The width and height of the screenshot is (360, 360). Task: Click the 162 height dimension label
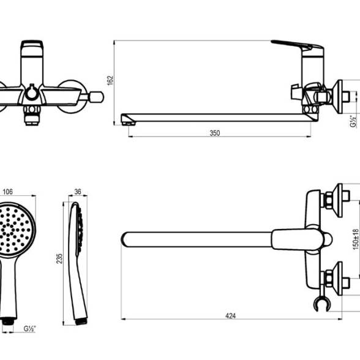click(110, 80)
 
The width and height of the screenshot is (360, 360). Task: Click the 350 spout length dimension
click(215, 133)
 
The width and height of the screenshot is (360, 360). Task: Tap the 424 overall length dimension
click(230, 316)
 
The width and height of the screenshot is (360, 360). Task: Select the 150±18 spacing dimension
click(356, 239)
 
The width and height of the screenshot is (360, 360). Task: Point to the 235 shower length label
click(59, 258)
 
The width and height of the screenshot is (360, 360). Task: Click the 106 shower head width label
click(7, 192)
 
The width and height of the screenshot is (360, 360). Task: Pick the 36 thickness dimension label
click(78, 192)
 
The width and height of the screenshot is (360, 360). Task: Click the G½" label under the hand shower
click(29, 329)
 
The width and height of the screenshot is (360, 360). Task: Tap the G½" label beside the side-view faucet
click(353, 121)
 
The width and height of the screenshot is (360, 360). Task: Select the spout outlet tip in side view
click(129, 124)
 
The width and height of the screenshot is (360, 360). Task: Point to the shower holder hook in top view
click(321, 304)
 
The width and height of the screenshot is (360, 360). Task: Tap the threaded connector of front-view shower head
click(8, 321)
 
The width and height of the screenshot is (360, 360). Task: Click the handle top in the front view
click(32, 45)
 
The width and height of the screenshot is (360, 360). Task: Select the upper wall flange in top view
click(337, 200)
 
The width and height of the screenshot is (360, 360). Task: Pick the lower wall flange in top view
click(337, 278)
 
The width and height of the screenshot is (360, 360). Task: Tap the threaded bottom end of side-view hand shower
click(81, 321)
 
